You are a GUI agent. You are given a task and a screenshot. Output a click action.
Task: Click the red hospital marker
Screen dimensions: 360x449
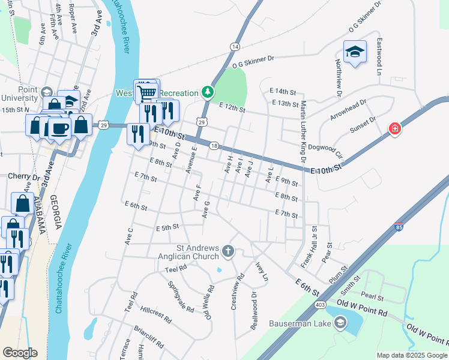(x=394, y=128)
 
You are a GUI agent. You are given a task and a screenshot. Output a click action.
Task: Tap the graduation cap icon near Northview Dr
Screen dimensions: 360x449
(x=355, y=52)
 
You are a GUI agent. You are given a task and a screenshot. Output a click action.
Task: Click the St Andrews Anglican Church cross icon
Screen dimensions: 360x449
(x=228, y=251)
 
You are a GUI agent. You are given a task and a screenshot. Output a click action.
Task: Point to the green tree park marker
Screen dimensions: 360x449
(x=208, y=92)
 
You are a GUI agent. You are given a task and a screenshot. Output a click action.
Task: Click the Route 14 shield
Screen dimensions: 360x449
(x=234, y=46)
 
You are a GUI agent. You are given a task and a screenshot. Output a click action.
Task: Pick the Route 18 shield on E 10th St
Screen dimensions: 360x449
(x=213, y=146)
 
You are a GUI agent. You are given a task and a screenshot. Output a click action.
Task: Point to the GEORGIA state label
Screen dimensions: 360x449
(x=57, y=212)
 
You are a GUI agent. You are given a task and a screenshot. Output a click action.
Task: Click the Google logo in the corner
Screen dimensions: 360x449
(x=20, y=353)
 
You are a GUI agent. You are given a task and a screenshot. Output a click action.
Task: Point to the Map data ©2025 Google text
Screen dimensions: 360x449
(x=412, y=355)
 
